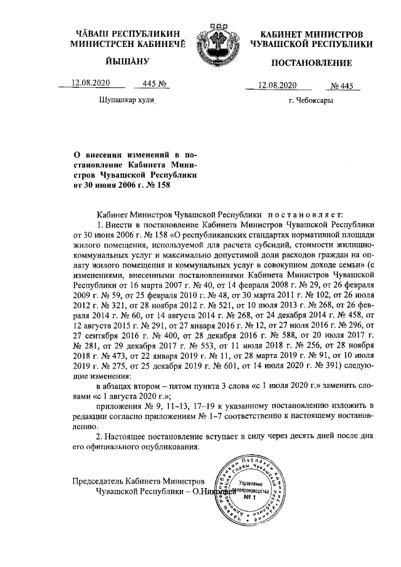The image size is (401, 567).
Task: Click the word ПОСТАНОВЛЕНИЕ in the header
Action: pyautogui.click(x=311, y=64)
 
